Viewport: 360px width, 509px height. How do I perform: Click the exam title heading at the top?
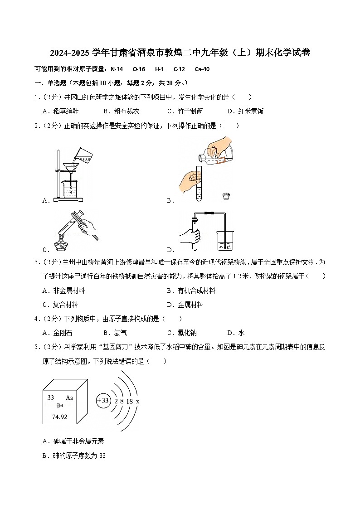pyautogui.click(x=180, y=53)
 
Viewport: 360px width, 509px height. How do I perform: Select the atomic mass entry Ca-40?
pyautogui.click(x=202, y=69)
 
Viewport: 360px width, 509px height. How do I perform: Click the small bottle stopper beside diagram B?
pyautogui.click(x=226, y=196)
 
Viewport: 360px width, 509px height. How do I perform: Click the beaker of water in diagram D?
pyautogui.click(x=225, y=241)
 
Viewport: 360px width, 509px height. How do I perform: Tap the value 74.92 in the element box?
pyautogui.click(x=59, y=417)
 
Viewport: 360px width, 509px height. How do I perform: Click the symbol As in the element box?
pyautogui.click(x=69, y=398)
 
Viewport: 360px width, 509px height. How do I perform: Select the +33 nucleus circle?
pyautogui.click(x=104, y=401)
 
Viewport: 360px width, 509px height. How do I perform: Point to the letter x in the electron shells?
pyautogui.click(x=138, y=401)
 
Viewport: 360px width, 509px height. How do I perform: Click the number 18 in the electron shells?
pyautogui.click(x=130, y=401)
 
